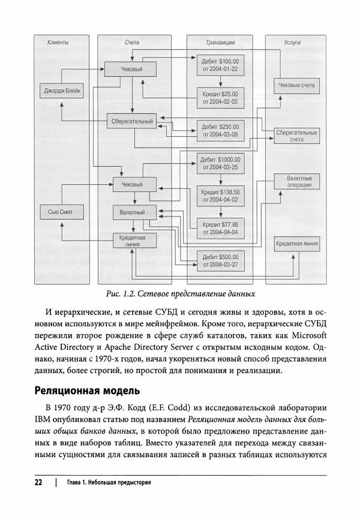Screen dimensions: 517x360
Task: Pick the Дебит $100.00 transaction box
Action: [x=220, y=65]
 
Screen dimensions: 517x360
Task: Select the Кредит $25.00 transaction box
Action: [x=220, y=98]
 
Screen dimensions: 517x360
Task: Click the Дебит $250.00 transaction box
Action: [x=220, y=131]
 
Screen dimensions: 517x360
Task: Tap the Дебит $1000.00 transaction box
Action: [x=220, y=163]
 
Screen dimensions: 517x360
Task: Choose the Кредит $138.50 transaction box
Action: [x=220, y=196]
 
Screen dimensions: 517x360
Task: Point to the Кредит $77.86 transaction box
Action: [x=220, y=227]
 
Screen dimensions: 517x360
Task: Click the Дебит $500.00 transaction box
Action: [x=220, y=260]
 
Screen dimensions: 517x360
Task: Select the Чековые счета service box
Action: [x=296, y=86]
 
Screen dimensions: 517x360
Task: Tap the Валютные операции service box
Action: [x=296, y=182]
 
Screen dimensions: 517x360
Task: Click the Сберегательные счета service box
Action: [x=296, y=136]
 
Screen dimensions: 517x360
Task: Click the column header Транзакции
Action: [x=219, y=43]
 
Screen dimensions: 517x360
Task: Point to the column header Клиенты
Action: [x=58, y=43]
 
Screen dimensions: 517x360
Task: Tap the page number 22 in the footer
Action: [x=38, y=482]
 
